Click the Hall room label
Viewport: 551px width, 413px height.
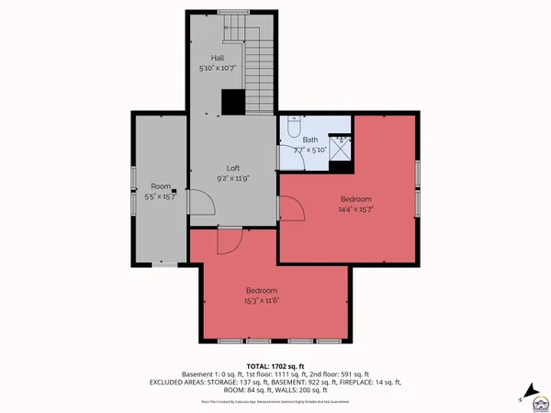click(x=218, y=58)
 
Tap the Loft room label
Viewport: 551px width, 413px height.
click(x=233, y=168)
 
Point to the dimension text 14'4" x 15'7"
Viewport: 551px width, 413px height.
click(x=356, y=209)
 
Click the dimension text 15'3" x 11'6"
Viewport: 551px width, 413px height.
click(x=262, y=300)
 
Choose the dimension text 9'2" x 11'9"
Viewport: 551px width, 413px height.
click(x=233, y=179)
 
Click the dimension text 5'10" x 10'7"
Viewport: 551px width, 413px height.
click(x=218, y=69)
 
